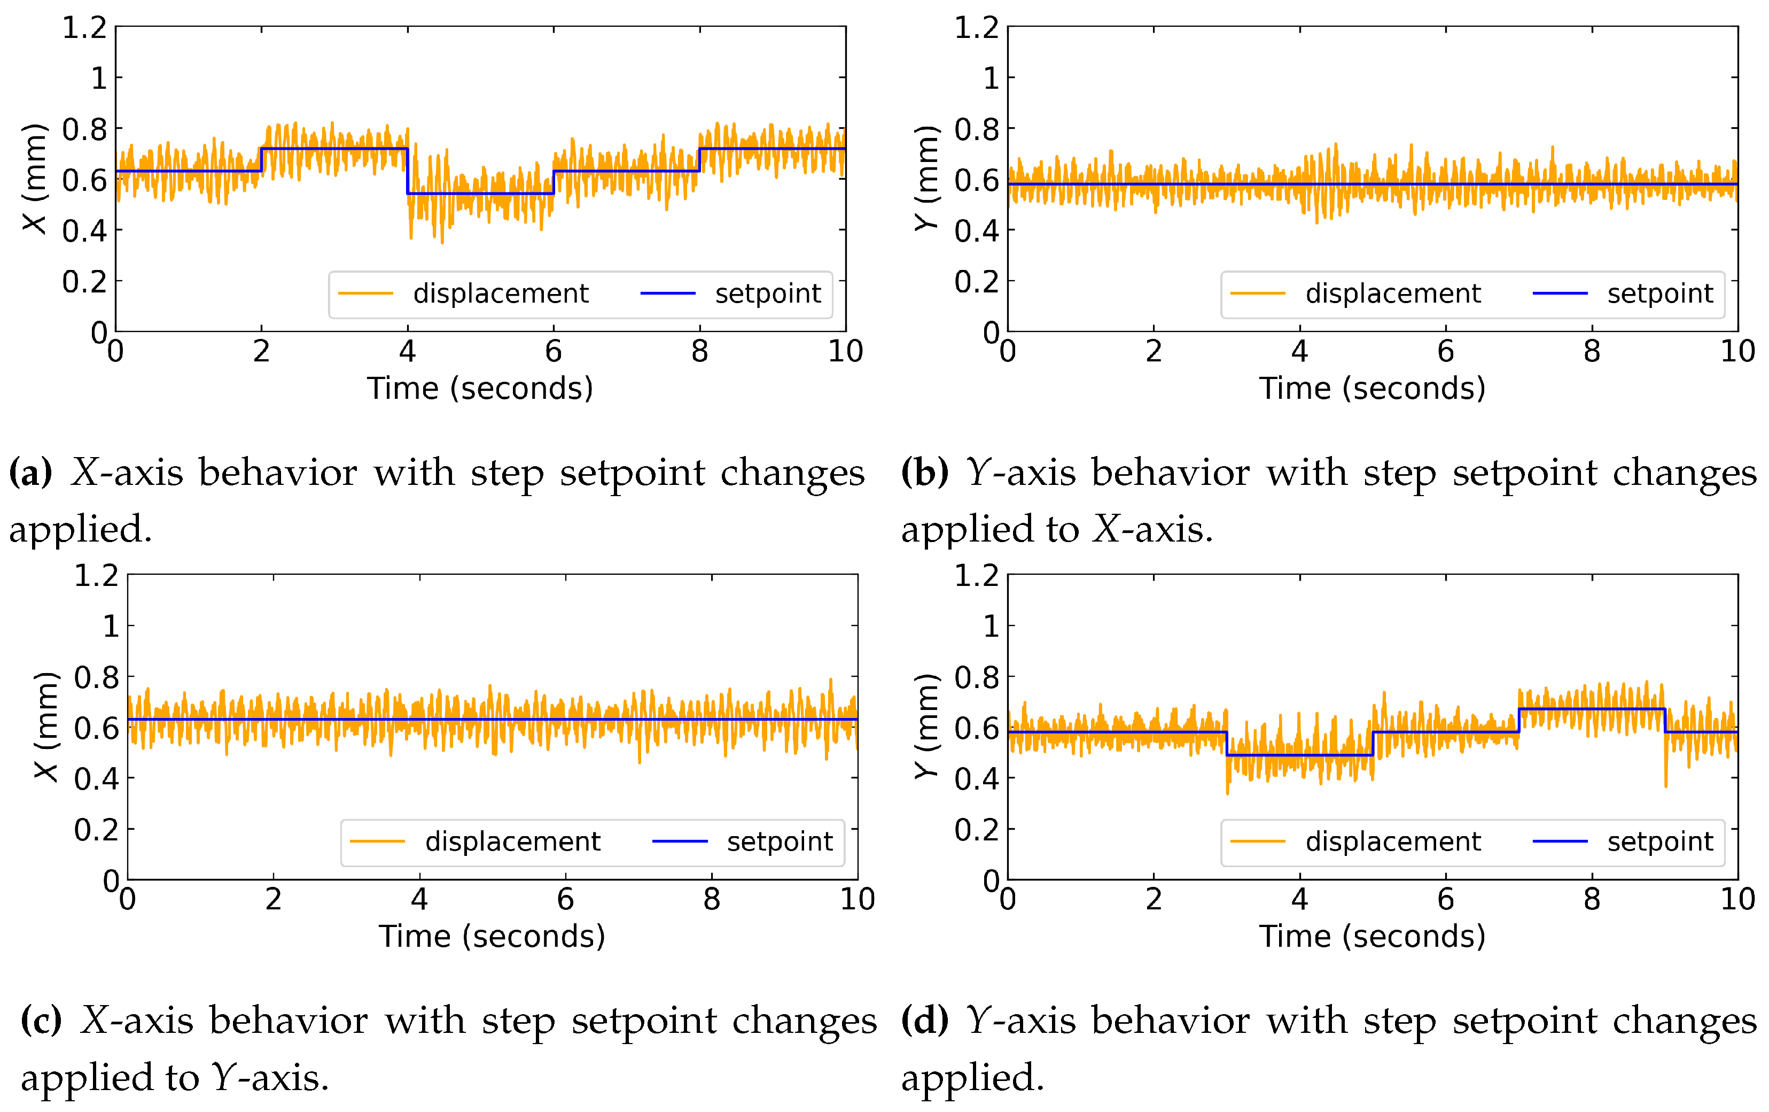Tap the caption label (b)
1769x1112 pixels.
924,473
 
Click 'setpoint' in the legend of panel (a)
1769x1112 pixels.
768,294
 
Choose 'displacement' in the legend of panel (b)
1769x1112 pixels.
1393,294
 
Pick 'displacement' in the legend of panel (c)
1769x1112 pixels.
513,841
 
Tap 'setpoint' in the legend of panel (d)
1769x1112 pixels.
1659,841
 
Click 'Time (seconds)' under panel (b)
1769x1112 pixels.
1372,388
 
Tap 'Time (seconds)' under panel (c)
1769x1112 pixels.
492,936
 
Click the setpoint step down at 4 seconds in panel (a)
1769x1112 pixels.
408,171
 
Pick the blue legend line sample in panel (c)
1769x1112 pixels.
680,841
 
